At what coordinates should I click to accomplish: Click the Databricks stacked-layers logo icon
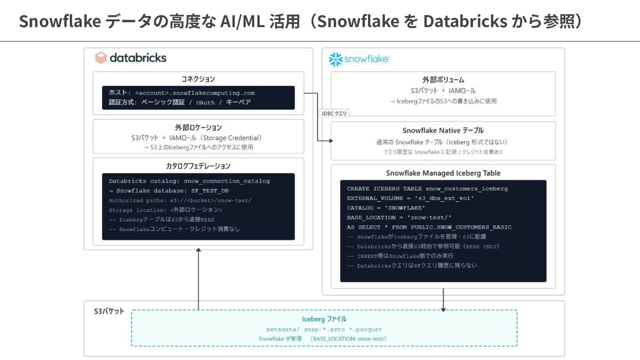pos(101,58)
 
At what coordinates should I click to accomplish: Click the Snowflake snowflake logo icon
pos(336,60)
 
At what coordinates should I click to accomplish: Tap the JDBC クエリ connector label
pos(334,113)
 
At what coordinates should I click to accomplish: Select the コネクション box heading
pos(198,79)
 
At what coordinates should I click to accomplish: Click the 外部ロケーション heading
pos(198,128)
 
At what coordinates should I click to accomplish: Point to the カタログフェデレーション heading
pos(198,166)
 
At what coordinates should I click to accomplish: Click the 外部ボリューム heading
pos(443,80)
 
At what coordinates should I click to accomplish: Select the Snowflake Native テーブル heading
pos(443,131)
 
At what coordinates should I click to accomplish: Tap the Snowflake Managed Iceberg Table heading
pos(443,173)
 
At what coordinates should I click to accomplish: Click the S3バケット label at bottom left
pos(109,311)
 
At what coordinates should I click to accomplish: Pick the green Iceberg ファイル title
pos(324,319)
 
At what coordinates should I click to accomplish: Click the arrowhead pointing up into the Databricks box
pos(198,250)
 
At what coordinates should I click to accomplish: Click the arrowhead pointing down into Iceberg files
pos(443,310)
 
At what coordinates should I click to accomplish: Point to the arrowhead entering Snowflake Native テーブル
pos(331,140)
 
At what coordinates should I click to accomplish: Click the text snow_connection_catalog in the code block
pos(227,181)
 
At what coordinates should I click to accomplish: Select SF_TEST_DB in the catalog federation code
pos(210,191)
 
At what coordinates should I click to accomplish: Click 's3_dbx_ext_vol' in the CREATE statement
pos(444,198)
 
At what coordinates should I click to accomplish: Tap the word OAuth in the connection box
pos(205,103)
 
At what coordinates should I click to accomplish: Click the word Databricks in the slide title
pos(465,21)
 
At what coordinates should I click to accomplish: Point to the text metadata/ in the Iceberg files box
pos(283,329)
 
